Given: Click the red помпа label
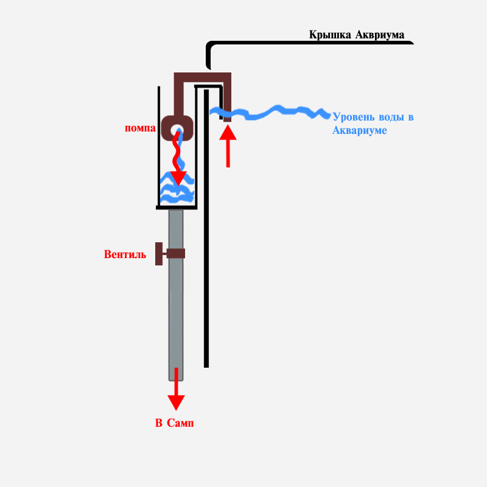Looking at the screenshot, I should pos(139,129).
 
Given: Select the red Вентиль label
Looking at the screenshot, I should pos(125,254).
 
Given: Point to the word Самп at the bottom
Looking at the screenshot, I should pos(183,423).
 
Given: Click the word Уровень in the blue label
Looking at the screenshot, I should pos(354,117).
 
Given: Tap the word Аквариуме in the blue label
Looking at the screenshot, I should pos(360,130).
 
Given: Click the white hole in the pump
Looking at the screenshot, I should pos(177,130).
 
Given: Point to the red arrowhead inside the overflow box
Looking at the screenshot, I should pos(178,178).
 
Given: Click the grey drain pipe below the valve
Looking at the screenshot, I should pos(176,317).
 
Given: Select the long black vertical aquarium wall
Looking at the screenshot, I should pos(206,243).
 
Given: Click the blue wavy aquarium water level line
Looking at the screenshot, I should pos(274,111).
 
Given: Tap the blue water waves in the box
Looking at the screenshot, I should pos(177,192).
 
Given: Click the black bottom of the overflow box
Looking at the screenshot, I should pos(176,207).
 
